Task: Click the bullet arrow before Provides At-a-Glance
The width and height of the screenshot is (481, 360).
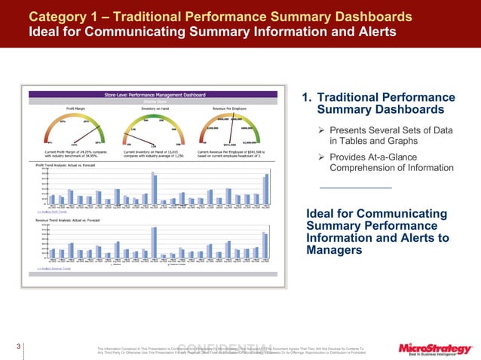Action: pyautogui.click(x=321, y=156)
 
